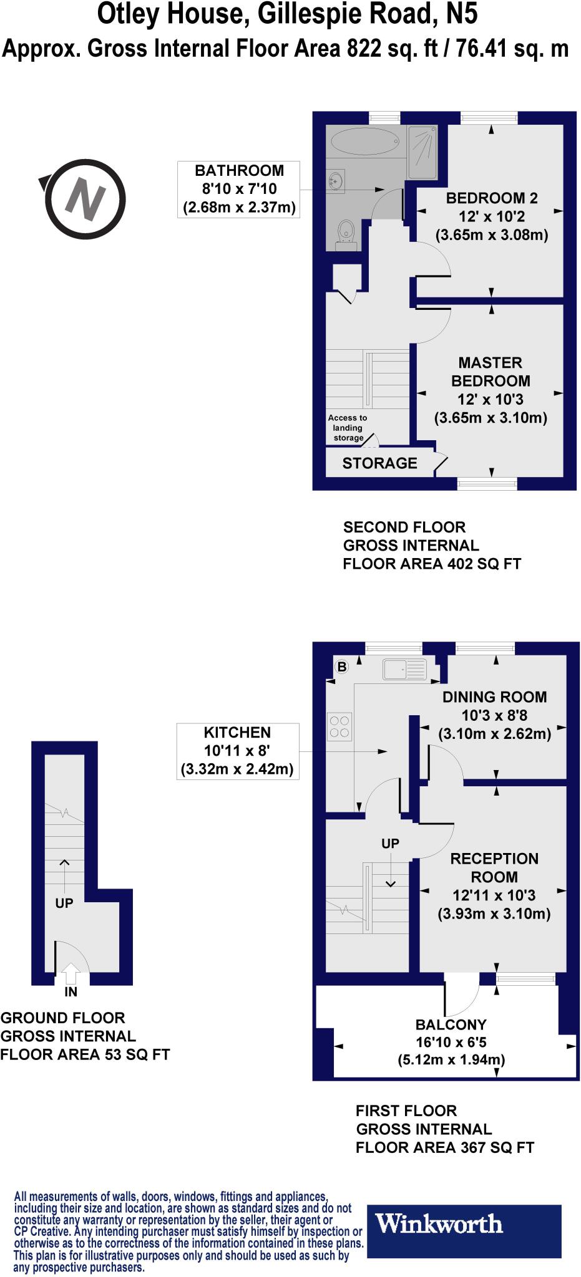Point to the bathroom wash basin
pyautogui.click(x=336, y=181)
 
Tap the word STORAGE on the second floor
pyautogui.click(x=379, y=463)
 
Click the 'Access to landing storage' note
pyautogui.click(x=348, y=428)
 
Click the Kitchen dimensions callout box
pyautogui.click(x=237, y=751)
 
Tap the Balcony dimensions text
pyautogui.click(x=451, y=1042)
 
